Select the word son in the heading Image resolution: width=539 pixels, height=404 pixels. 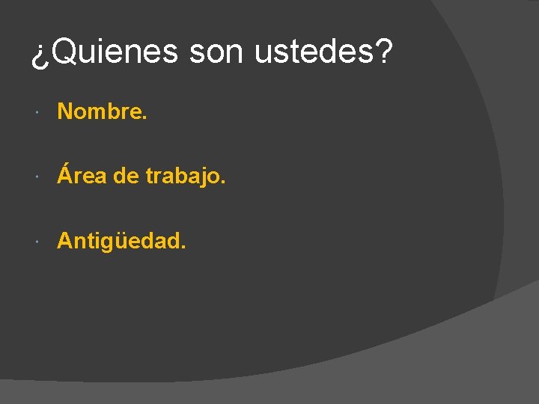point(218,52)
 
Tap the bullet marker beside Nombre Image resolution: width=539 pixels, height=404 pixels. point(38,112)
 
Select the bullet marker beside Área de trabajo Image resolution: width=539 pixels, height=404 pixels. point(38,177)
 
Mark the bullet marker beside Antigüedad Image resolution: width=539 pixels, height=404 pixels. point(38,242)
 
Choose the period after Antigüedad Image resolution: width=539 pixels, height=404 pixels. point(183,247)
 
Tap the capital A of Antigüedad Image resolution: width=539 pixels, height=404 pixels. point(66,241)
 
